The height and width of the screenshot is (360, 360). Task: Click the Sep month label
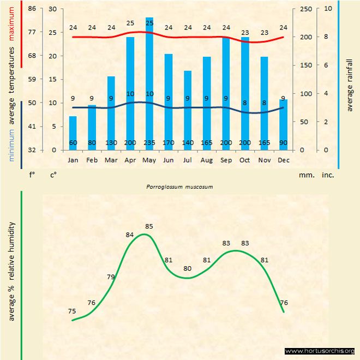225,160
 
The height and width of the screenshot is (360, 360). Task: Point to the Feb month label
92,160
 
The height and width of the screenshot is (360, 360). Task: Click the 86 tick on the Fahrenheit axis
32,9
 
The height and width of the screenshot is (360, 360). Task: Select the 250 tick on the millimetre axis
306,9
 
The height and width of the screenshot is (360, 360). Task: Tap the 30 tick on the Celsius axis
52,9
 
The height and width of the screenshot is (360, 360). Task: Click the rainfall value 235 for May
149,143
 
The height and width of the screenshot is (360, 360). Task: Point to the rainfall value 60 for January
73,143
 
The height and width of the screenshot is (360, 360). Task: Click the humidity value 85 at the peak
149,226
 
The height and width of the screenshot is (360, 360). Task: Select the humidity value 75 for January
72,311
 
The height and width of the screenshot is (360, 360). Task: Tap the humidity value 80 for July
188,268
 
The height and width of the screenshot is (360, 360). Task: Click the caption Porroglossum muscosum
179,187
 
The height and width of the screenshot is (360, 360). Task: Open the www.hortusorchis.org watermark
320,351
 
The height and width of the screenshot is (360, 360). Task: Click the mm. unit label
306,175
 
